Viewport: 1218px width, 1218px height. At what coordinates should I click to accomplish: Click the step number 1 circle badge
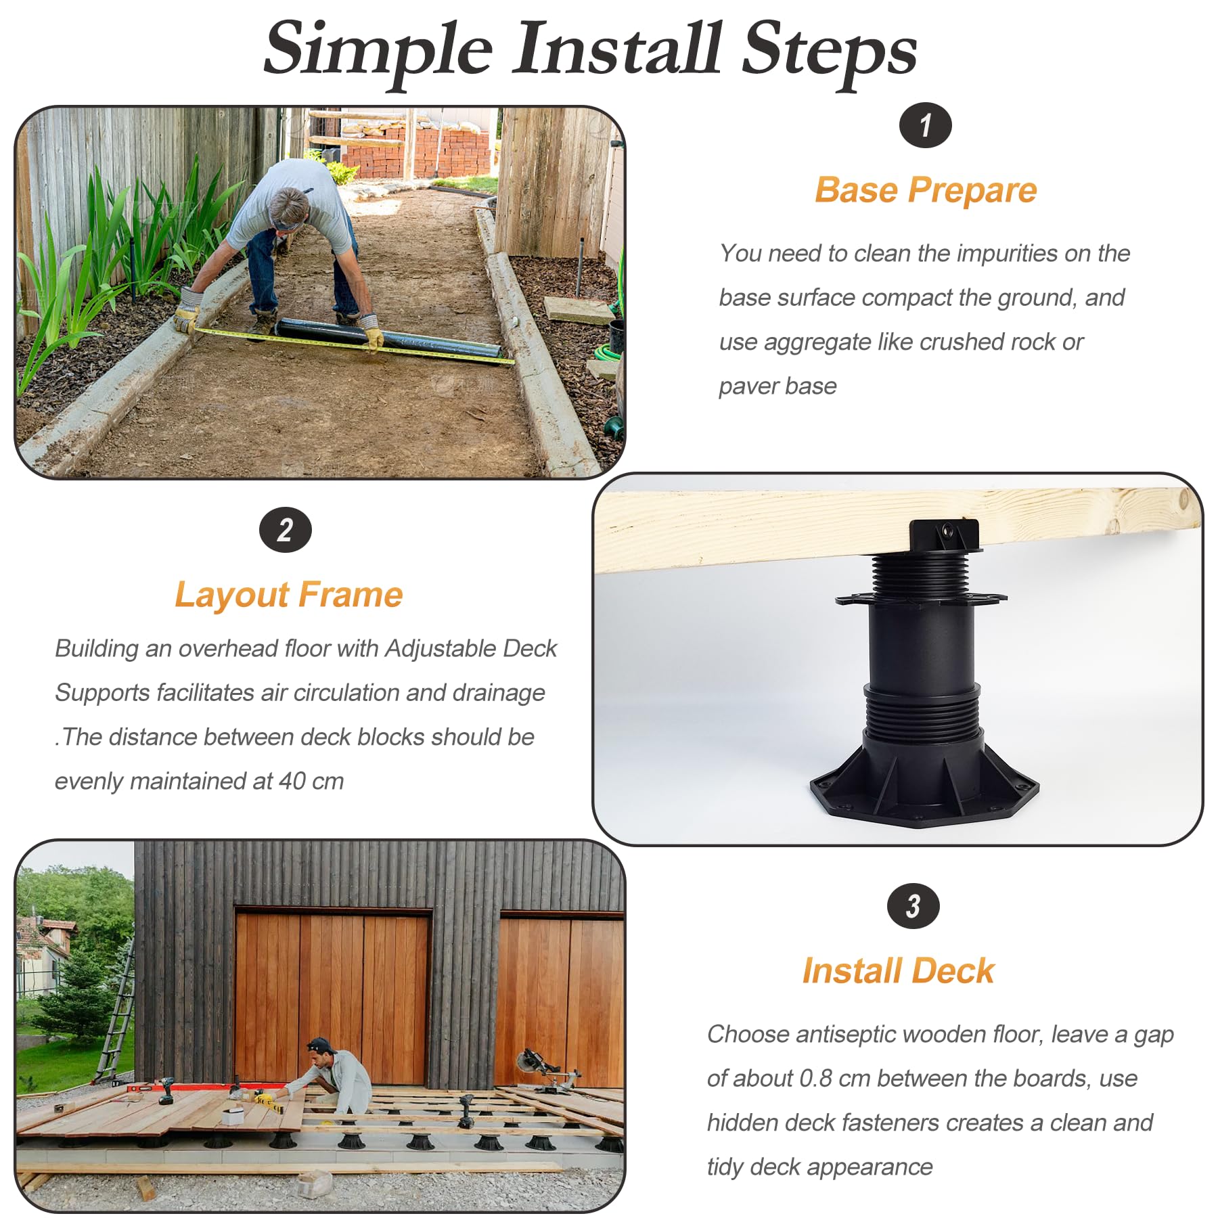tap(925, 125)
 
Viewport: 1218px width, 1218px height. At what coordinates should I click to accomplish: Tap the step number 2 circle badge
tap(286, 530)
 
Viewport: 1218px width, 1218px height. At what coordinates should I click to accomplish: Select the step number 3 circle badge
tap(913, 906)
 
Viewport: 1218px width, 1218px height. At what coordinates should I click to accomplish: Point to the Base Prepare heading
tap(926, 190)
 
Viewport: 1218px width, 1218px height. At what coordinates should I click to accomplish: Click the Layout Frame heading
tap(289, 595)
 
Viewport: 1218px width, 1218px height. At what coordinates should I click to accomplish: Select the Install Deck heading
tap(899, 970)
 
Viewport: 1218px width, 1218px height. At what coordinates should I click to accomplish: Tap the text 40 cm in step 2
tap(311, 781)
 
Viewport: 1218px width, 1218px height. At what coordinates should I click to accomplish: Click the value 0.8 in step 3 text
tap(815, 1078)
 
